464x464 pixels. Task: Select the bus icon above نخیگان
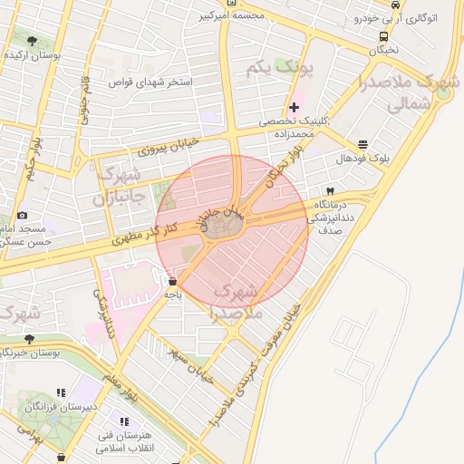point(384,37)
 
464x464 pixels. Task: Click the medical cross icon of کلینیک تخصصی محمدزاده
point(294,108)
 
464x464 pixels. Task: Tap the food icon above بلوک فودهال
point(363,144)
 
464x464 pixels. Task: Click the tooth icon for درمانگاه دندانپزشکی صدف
point(329,192)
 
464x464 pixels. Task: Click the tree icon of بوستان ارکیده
point(33,41)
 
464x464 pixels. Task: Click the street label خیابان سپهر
point(190,362)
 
